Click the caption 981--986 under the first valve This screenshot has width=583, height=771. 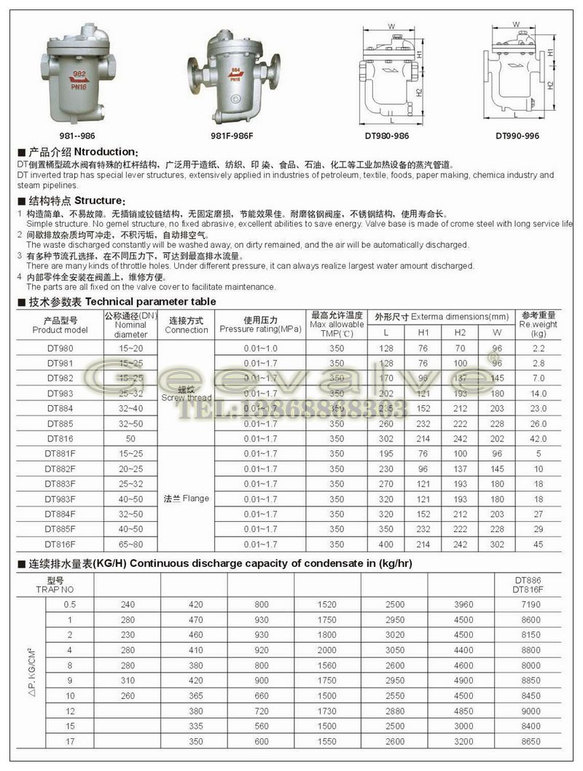point(77,136)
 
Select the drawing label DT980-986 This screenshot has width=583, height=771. point(386,136)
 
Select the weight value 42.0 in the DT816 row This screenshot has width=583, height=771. point(539,439)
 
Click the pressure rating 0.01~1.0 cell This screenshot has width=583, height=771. point(260,348)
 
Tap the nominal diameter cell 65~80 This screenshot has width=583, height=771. point(130,543)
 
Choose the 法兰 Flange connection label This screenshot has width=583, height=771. point(186,498)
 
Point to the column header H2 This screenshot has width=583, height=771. point(460,332)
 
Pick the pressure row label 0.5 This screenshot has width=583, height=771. point(70,604)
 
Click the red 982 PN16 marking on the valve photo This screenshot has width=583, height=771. point(78,77)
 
